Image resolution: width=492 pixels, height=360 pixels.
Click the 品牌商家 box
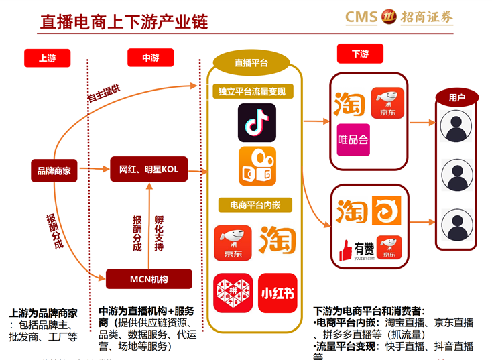click(x=54, y=170)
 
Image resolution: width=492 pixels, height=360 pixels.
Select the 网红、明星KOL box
click(x=149, y=170)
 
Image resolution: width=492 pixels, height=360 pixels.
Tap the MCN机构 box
click(x=149, y=278)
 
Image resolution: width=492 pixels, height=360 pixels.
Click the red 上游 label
click(x=47, y=58)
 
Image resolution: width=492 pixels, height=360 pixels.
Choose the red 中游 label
click(x=150, y=58)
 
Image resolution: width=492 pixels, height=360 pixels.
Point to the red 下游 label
click(x=360, y=54)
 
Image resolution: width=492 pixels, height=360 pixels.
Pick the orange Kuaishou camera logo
click(x=257, y=166)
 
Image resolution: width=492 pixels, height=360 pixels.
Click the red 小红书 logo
click(x=278, y=292)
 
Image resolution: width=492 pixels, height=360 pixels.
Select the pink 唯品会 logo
click(x=353, y=139)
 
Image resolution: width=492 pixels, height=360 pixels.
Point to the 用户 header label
click(x=457, y=97)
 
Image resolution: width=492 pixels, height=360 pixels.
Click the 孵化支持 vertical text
click(x=159, y=233)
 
